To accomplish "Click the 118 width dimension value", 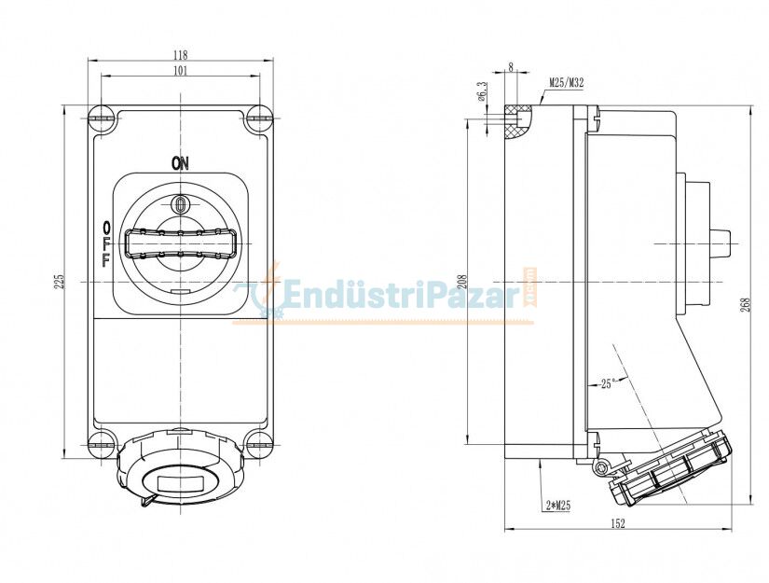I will (181, 54).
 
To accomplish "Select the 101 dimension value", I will (181, 70).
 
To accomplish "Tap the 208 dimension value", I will (461, 281).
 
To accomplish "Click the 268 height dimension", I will (745, 304).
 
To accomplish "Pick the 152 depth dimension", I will (618, 523).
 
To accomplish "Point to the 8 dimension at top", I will (511, 67).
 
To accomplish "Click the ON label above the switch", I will (180, 163).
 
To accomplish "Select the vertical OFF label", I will (105, 243).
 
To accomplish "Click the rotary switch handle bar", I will (181, 243).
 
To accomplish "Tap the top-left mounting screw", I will (103, 118).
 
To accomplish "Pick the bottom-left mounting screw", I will (103, 444).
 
